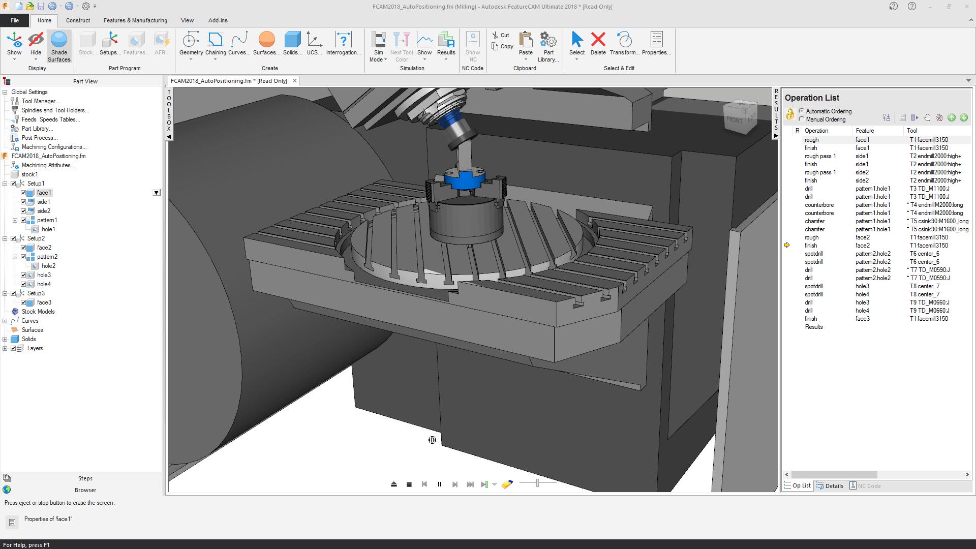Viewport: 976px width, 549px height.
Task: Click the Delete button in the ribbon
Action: (598, 44)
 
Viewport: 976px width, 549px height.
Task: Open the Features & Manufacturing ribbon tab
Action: (135, 20)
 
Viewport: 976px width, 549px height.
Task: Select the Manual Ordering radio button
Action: (802, 119)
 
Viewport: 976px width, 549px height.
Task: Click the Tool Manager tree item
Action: (40, 101)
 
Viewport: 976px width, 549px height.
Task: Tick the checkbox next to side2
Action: (23, 211)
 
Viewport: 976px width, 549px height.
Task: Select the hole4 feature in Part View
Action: (44, 284)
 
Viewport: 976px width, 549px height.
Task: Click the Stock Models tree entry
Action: (38, 312)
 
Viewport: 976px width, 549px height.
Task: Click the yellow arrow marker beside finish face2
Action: (787, 246)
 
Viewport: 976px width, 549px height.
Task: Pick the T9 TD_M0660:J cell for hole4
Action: (929, 311)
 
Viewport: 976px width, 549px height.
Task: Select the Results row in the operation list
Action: (813, 327)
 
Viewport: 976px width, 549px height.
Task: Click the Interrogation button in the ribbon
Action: (343, 44)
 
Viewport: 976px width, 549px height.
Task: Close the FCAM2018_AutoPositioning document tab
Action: (294, 81)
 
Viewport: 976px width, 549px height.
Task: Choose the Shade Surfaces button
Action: (59, 46)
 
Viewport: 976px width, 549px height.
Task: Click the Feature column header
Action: (865, 131)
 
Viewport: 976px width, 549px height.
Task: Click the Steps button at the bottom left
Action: (85, 478)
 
